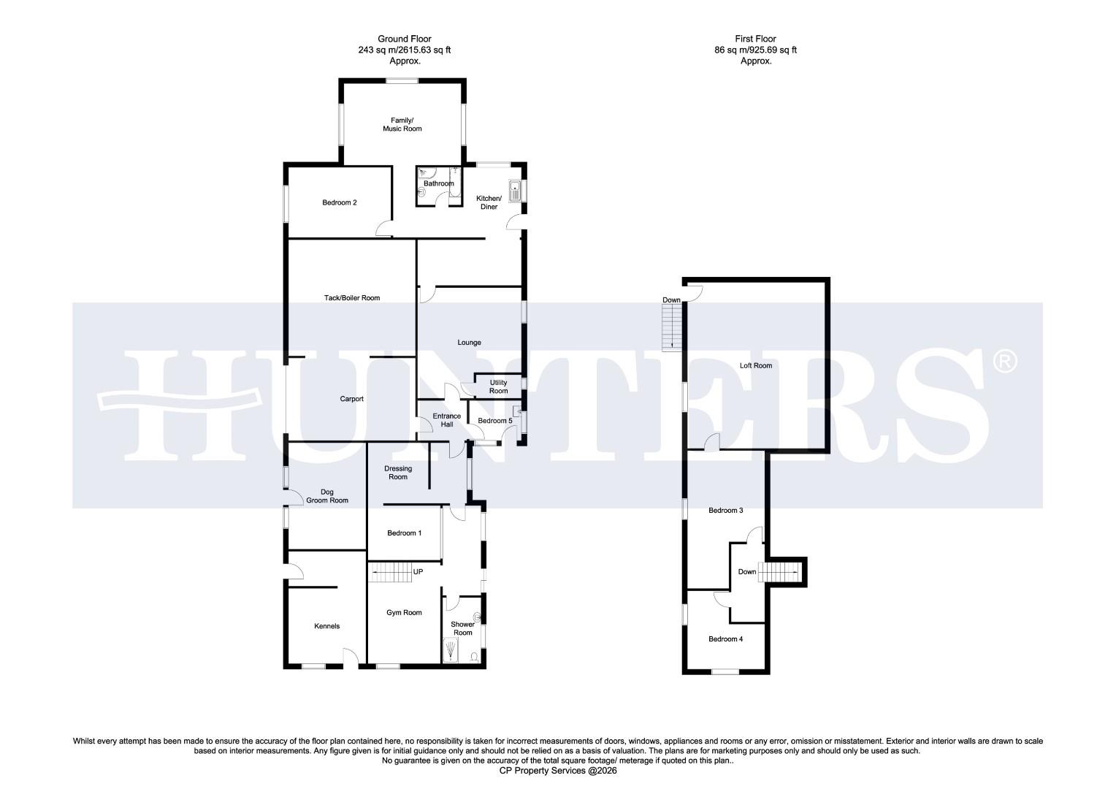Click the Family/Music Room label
coord(402,124)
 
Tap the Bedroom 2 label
coord(340,202)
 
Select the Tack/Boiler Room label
coord(352,298)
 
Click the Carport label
coord(351,399)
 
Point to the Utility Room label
coord(498,386)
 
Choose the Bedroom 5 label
coord(494,421)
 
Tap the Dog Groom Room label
coord(327,496)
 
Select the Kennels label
coord(326,626)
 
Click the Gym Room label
coord(404,613)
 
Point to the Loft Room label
coord(756,365)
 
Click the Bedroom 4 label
coord(725,639)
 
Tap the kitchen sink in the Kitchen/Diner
coord(516,190)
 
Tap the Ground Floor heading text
coord(404,50)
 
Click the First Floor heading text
coord(755,50)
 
